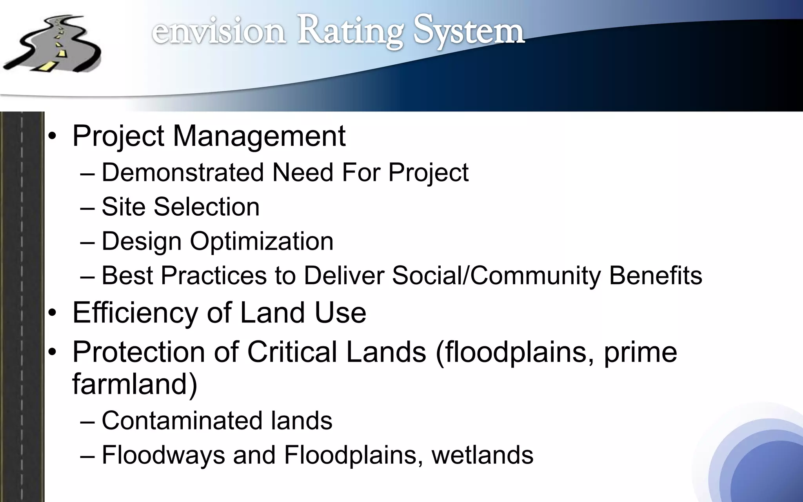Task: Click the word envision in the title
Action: (218, 31)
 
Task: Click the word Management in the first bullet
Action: (259, 136)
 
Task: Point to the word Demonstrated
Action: (182, 172)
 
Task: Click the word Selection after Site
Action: (207, 207)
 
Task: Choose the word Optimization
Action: (262, 241)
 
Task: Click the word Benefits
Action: (655, 275)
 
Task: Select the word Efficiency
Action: (135, 313)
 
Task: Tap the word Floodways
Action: (163, 455)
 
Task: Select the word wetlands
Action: (482, 455)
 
